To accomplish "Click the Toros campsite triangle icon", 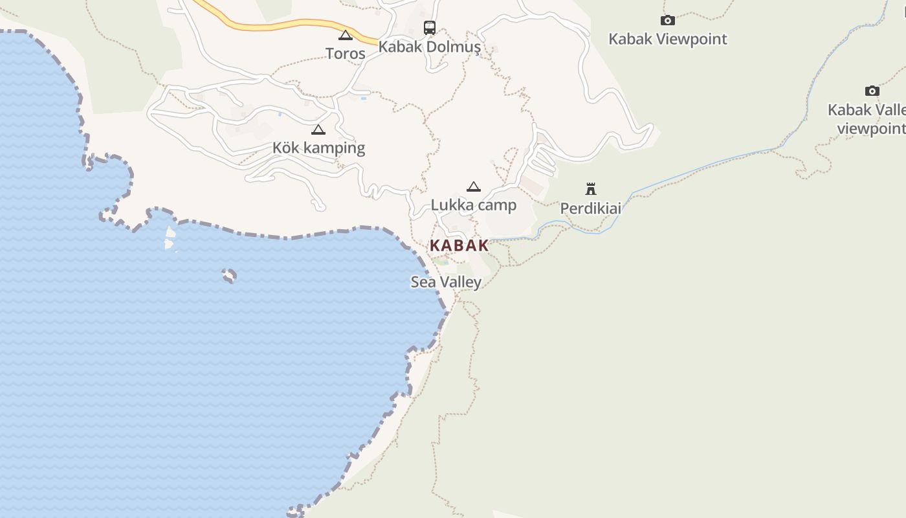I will pyautogui.click(x=346, y=35).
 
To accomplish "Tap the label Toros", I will pyautogui.click(x=346, y=54).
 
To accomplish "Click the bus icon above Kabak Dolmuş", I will pyautogui.click(x=430, y=28).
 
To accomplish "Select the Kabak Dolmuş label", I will pyautogui.click(x=430, y=47).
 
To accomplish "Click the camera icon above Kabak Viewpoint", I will pyautogui.click(x=668, y=21).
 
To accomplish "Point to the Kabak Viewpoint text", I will pyautogui.click(x=668, y=39).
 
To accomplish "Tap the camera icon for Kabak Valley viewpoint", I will pyautogui.click(x=872, y=91).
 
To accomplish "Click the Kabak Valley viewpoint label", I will pyautogui.click(x=867, y=119).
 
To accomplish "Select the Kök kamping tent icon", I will pyautogui.click(x=318, y=129).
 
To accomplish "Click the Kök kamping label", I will pyautogui.click(x=318, y=148).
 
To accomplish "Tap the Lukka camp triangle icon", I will pyautogui.click(x=474, y=187).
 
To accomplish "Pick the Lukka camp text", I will pyautogui.click(x=474, y=206).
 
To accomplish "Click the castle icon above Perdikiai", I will pyautogui.click(x=590, y=189).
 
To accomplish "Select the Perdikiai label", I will pyautogui.click(x=590, y=208).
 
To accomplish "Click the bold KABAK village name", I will pyautogui.click(x=459, y=246).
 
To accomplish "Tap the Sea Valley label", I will pyautogui.click(x=447, y=282).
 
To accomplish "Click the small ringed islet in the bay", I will pyautogui.click(x=229, y=276).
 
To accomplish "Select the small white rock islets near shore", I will pyautogui.click(x=170, y=238).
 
